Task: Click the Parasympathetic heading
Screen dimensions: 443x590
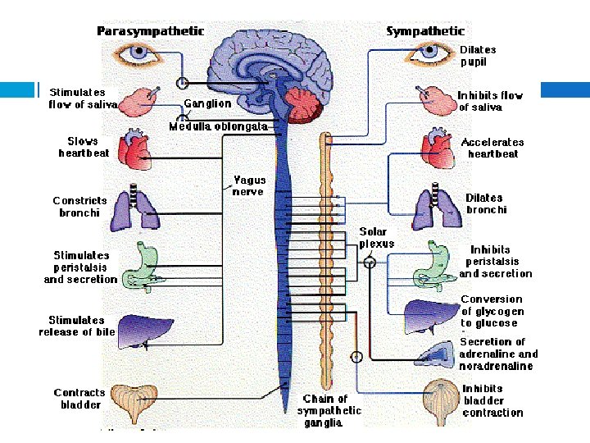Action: click(151, 31)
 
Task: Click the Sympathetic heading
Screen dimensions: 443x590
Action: click(425, 31)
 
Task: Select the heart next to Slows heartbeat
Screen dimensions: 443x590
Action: click(135, 149)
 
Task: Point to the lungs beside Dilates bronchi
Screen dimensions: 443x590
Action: click(435, 208)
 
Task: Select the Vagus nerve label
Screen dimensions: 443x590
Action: click(249, 185)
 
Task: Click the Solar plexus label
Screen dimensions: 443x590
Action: click(376, 238)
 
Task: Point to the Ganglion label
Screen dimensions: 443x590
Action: click(207, 103)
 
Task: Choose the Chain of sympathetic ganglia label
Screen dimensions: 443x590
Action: click(329, 410)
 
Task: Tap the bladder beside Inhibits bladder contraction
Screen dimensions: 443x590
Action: click(437, 402)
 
